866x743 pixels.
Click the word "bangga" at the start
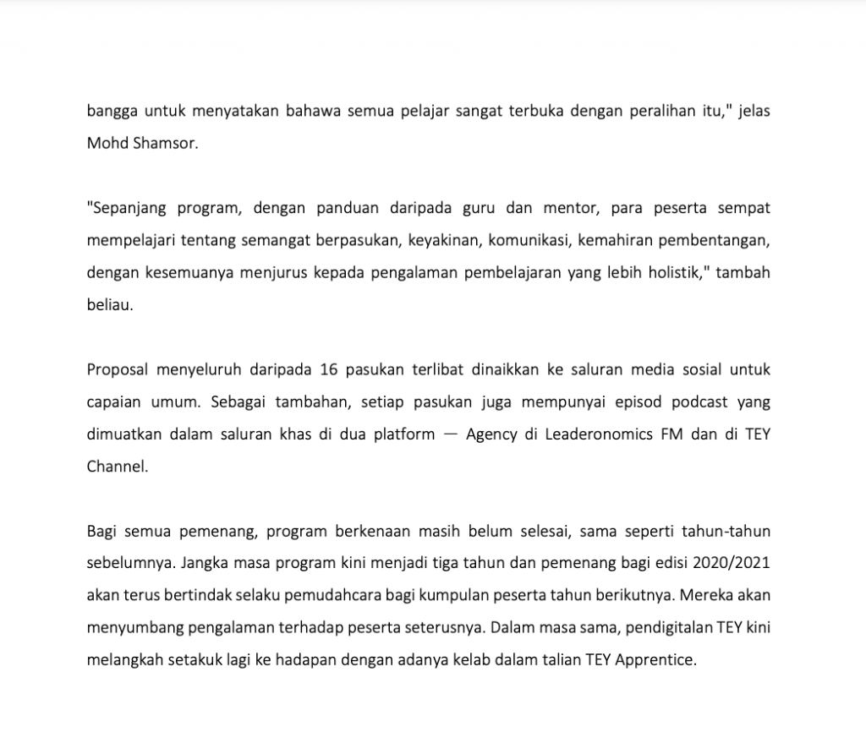(112, 112)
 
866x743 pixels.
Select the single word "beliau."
(110, 303)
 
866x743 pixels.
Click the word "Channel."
(118, 466)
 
